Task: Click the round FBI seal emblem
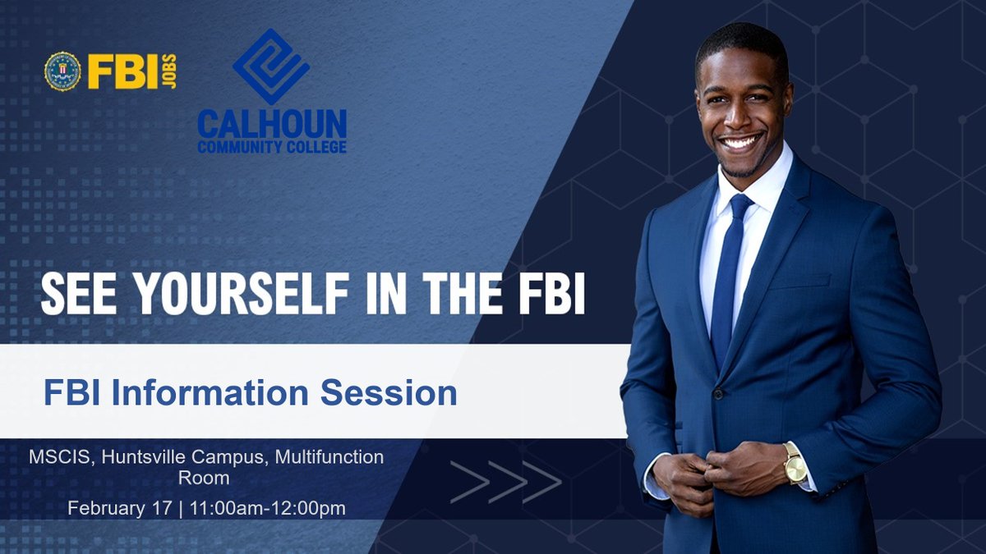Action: [62, 71]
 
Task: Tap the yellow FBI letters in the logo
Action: [122, 72]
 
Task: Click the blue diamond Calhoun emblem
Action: [271, 66]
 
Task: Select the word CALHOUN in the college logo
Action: [272, 124]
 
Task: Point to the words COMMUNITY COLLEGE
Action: [272, 147]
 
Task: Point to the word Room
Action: [204, 478]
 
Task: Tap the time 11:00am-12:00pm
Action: [267, 508]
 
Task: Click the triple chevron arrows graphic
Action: [505, 482]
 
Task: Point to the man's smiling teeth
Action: [739, 142]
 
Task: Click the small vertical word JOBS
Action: [169, 71]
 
